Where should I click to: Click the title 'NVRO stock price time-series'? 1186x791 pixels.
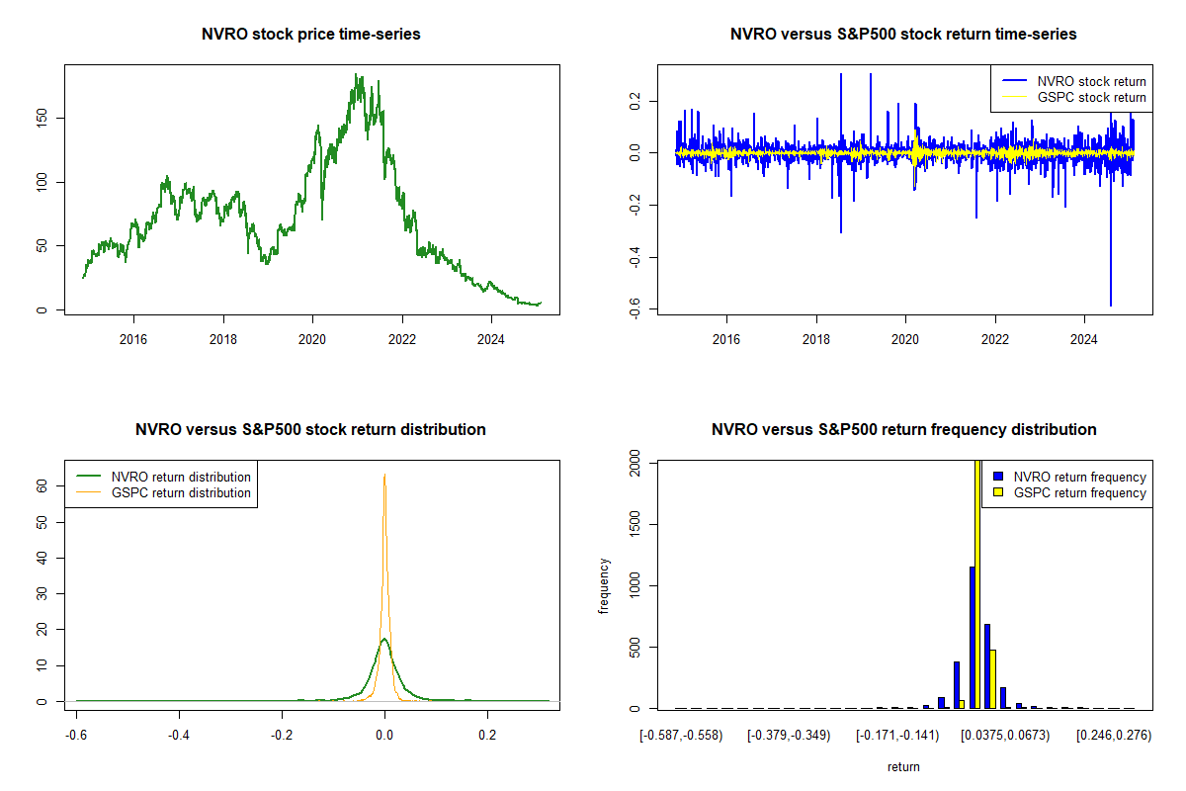click(311, 35)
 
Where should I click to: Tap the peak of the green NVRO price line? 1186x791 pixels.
click(356, 75)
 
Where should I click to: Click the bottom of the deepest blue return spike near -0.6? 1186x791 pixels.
click(1111, 305)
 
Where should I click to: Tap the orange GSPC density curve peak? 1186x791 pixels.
click(384, 476)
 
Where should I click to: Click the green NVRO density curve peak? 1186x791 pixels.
click(384, 640)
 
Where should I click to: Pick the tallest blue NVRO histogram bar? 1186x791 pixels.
click(972, 638)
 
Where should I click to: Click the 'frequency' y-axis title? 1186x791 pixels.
click(605, 585)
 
